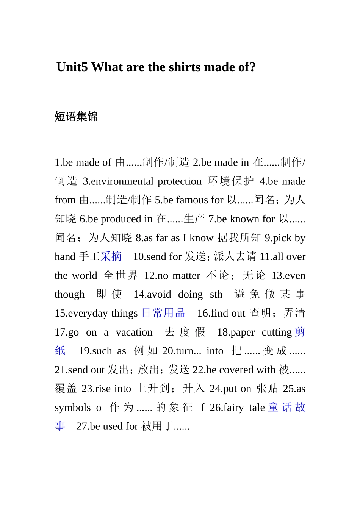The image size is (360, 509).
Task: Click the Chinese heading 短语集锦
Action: pyautogui.click(x=76, y=116)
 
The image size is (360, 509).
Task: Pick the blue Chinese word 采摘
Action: pyautogui.click(x=111, y=256)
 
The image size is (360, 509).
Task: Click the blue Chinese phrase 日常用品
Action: pyautogui.click(x=163, y=313)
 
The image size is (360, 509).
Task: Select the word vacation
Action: pyautogui.click(x=134, y=332)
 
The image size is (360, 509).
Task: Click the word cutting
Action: pyautogui.click(x=277, y=332)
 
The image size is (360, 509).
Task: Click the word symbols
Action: pyautogui.click(x=72, y=408)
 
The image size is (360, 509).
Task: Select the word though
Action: pyautogui.click(x=69, y=294)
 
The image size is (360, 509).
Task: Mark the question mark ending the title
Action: pyautogui.click(x=252, y=67)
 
